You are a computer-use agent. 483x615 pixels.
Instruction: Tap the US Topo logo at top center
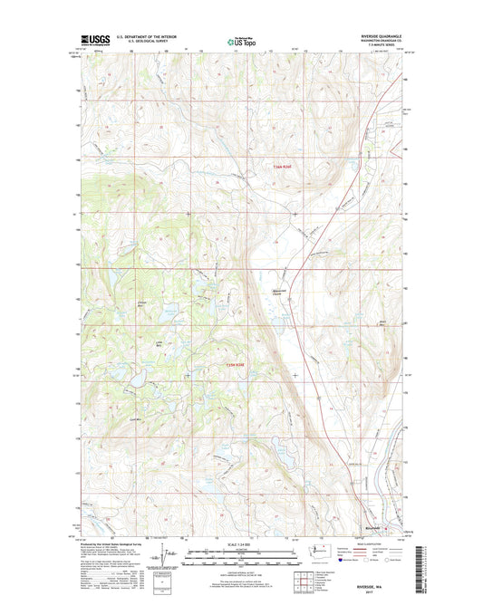240,40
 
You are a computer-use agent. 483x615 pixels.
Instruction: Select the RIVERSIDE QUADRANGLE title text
384,35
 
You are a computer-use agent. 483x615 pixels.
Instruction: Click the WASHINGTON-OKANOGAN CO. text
385,41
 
